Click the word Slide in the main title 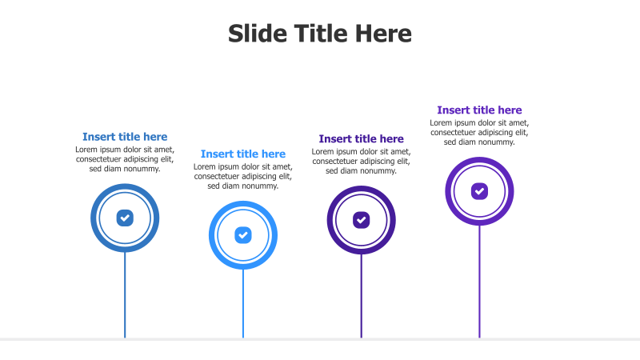255,34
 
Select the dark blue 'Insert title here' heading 125,137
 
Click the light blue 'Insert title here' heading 243,154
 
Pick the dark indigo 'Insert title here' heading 361,139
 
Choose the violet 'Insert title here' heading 479,110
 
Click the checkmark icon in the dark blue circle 125,218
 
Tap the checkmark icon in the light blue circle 243,235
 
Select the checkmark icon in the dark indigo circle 362,219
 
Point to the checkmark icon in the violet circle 479,191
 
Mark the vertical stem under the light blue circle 243,304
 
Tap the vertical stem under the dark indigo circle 362,296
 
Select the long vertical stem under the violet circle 479,280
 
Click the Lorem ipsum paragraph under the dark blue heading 125,158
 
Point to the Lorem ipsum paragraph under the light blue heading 243,176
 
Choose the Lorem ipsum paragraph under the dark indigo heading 361,161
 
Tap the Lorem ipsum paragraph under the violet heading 479,132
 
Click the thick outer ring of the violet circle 449,191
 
